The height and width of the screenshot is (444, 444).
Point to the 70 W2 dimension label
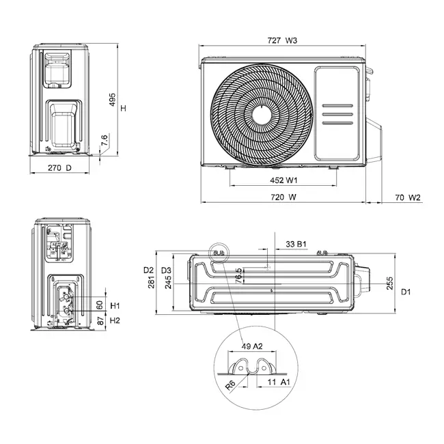pos(408,197)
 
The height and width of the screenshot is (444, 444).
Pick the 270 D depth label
pos(60,168)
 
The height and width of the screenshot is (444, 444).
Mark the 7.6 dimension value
pos(105,139)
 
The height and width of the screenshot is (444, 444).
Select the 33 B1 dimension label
pos(296,243)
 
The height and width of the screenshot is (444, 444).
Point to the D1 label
pos(405,292)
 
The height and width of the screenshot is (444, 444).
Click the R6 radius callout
pos(232,387)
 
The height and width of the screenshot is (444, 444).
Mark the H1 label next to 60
pos(115,305)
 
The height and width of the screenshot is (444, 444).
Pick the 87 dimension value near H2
pos(100,320)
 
